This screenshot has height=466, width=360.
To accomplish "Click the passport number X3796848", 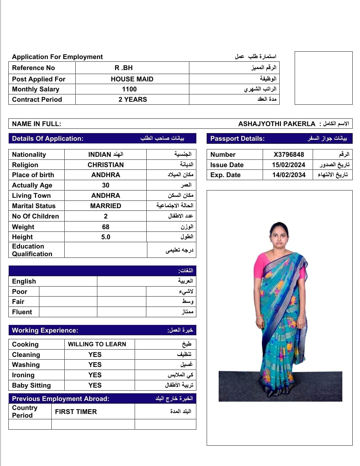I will tap(289, 154).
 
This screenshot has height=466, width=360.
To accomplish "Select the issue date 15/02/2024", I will tap(288, 165).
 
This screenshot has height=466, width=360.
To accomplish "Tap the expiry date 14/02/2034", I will tap(289, 175).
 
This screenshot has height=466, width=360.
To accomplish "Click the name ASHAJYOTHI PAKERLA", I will tap(277, 124).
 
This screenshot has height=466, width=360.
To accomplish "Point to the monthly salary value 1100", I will tap(129, 89).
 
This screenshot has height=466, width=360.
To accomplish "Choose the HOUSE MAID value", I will tap(132, 79).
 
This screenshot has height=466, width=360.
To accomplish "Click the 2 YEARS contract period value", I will tap(133, 99).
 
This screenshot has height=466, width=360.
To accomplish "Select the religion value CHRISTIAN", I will tap(106, 165).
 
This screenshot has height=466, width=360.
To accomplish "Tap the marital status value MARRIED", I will tap(106, 206).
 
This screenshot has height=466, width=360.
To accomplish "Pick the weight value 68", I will tap(106, 227).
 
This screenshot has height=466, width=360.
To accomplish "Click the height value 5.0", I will tap(106, 237).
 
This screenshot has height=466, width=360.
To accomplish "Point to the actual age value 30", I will tap(106, 185).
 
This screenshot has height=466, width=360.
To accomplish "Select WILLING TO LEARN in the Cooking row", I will tap(97, 344).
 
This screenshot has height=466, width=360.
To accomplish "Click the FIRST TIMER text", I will tap(76, 412).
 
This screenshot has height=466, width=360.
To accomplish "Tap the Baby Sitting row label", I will tap(31, 385).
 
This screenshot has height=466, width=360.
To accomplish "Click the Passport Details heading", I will tap(237, 138).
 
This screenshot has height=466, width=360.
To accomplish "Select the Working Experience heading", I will tap(45, 330).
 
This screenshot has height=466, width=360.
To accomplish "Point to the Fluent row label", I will tap(22, 312).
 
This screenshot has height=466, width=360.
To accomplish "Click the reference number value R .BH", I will tap(124, 68).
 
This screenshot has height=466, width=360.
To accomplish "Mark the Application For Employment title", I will tap(57, 57).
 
